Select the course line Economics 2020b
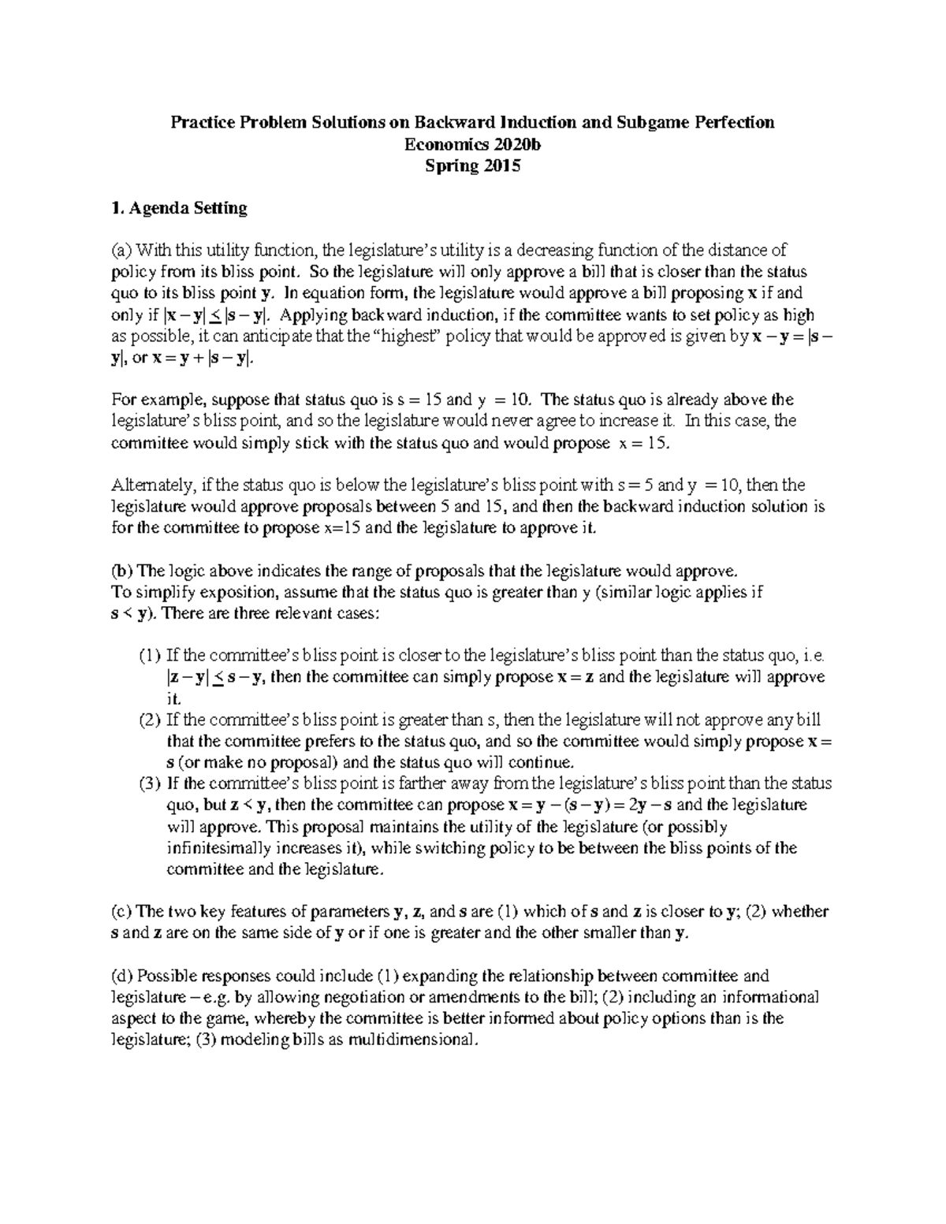(x=472, y=144)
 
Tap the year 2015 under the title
(x=500, y=166)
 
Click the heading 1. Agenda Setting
(x=180, y=209)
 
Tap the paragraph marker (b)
(x=121, y=571)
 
